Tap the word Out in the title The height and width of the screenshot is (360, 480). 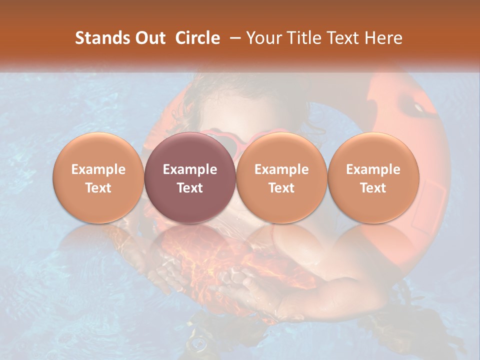(x=150, y=38)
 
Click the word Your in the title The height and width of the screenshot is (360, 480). (x=263, y=38)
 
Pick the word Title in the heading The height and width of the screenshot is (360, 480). (x=302, y=38)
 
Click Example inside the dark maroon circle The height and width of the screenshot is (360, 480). (x=190, y=169)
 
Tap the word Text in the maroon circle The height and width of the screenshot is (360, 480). (x=190, y=188)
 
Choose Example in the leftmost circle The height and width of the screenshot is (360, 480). (x=98, y=169)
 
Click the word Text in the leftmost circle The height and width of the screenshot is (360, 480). (x=98, y=188)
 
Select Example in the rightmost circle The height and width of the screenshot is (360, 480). (x=373, y=169)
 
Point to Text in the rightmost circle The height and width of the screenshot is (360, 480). (x=373, y=188)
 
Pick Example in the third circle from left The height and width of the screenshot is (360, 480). (x=281, y=169)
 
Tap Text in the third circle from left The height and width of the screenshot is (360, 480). (x=281, y=188)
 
